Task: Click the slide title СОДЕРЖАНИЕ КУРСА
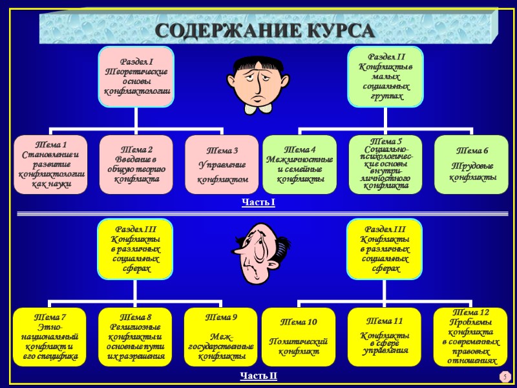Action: [x=265, y=30]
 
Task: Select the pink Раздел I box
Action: [x=136, y=76]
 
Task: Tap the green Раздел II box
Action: [x=384, y=76]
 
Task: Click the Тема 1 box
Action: [x=50, y=164]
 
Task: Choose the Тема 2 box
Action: [x=136, y=164]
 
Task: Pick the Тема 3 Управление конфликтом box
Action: [x=222, y=164]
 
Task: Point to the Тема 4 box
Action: [x=299, y=164]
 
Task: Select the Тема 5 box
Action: [x=386, y=164]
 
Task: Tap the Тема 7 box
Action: [x=50, y=336]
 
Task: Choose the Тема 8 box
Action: [x=136, y=336]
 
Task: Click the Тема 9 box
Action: [x=222, y=336]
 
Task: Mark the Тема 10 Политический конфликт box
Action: [x=299, y=336]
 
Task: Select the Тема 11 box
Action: [x=385, y=336]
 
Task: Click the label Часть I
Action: [x=258, y=204]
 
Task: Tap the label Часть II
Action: [x=258, y=376]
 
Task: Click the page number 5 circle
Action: [x=503, y=376]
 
